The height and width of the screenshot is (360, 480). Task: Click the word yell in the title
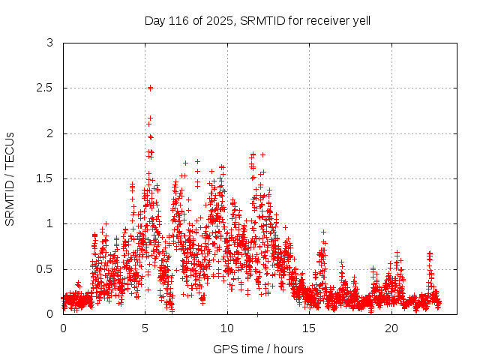pyautogui.click(x=359, y=20)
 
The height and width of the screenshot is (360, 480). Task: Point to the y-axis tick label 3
pyautogui.click(x=49, y=43)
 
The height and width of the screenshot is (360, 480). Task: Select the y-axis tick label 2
pyautogui.click(x=49, y=133)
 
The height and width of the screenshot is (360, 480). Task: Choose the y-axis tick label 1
pyautogui.click(x=49, y=223)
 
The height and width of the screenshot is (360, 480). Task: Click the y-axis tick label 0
pyautogui.click(x=49, y=314)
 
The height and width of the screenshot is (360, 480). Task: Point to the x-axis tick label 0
pyautogui.click(x=63, y=328)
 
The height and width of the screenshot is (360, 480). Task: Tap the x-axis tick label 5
pyautogui.click(x=145, y=328)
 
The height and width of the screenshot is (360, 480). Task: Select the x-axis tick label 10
pyautogui.click(x=227, y=328)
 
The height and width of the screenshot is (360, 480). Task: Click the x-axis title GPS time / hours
pyautogui.click(x=257, y=349)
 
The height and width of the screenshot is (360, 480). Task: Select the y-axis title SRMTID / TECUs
pyautogui.click(x=10, y=178)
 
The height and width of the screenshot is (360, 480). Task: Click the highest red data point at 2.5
pyautogui.click(x=150, y=88)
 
